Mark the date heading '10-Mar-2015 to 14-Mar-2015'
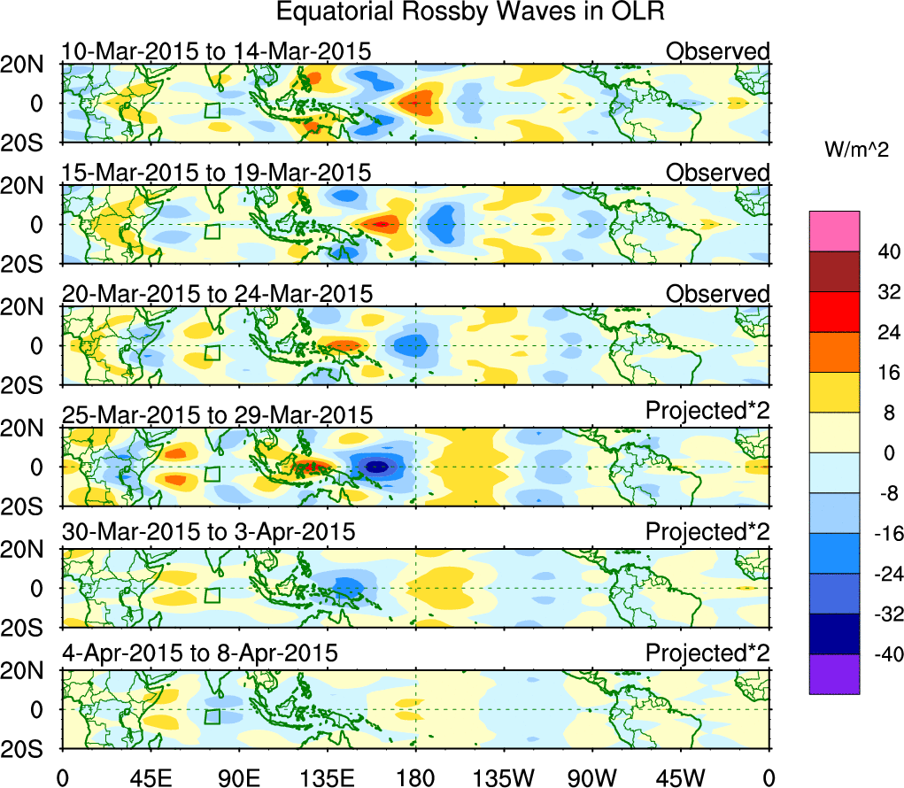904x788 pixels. point(216,51)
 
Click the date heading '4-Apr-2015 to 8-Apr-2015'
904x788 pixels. point(200,654)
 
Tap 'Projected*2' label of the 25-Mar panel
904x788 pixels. point(707,412)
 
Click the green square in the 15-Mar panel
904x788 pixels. point(212,231)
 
